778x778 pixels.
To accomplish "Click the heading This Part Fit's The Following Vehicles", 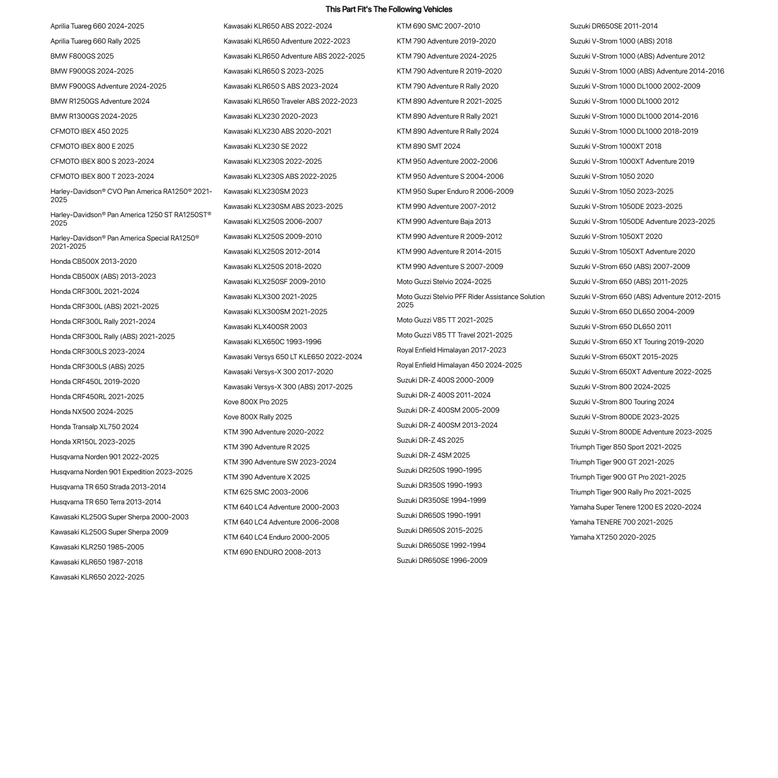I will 389,9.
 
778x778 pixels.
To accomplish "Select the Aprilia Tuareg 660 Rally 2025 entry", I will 95,41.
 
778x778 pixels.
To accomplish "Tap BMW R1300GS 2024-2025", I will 94,117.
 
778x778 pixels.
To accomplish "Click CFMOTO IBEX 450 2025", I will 89,132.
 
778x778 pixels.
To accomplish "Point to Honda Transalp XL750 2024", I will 94,427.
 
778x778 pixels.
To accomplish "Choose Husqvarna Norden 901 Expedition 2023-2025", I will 121,472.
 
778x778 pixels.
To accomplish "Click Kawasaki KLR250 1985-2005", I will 97,547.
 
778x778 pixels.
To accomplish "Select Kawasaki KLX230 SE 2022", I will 265,147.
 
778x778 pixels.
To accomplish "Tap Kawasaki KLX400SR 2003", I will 265,327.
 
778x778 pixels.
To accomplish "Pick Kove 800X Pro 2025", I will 256,402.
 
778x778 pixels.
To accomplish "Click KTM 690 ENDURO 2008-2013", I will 272,553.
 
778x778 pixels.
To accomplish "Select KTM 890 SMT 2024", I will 429,147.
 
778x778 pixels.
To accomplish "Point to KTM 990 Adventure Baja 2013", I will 444,222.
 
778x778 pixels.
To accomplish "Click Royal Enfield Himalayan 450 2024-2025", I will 459,365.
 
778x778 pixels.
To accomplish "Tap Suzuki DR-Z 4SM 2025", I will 433,456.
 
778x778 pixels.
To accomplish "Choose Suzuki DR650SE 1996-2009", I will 442,561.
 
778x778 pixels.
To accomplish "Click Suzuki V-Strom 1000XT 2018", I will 616,147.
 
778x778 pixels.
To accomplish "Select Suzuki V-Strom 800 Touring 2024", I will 622,402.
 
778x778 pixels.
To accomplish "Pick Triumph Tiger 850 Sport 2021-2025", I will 626,447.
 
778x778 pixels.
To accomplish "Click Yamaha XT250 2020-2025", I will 613,537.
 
